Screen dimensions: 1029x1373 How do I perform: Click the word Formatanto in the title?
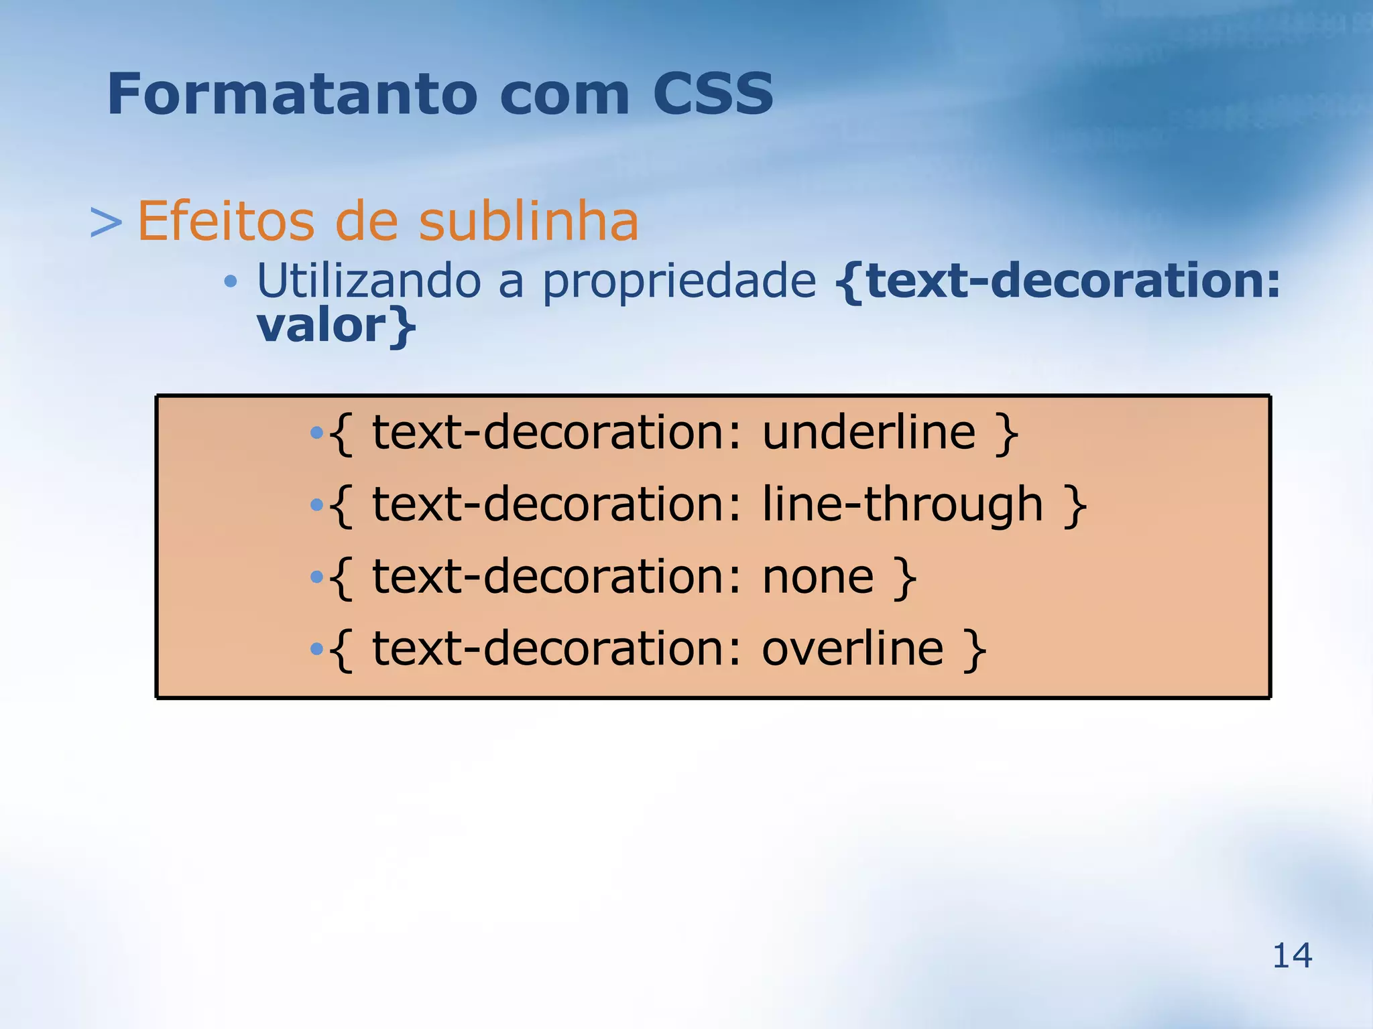tap(292, 94)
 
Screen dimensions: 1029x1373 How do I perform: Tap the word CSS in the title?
tap(713, 94)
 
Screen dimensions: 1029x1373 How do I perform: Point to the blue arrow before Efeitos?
tap(106, 222)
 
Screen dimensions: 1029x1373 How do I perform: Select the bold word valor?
tap(321, 326)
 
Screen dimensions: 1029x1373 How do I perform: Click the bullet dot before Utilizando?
tap(230, 282)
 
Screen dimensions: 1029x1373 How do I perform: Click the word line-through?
tap(902, 504)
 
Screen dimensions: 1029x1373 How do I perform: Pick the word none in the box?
tap(818, 577)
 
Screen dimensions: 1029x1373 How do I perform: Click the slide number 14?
tap(1292, 955)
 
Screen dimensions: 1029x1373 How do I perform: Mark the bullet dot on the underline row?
tap(316, 433)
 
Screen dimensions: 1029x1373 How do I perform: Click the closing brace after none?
tap(906, 578)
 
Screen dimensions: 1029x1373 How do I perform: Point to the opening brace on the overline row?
tap(341, 650)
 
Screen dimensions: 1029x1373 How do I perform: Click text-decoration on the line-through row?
tap(556, 504)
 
